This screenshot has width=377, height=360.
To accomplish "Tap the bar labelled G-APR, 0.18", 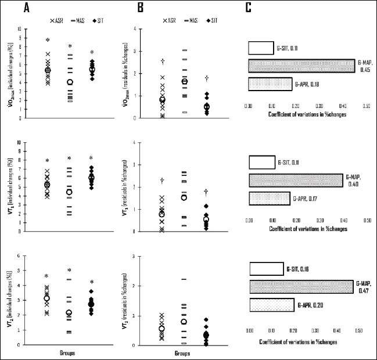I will pos(270,84).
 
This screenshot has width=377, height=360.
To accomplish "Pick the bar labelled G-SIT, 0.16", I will pos(267,269).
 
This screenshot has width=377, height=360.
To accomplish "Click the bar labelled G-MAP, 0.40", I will pos(296,180).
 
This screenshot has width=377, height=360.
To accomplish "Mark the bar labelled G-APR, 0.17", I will pos(269,199).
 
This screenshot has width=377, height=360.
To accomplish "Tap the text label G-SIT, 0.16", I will pos(300,269).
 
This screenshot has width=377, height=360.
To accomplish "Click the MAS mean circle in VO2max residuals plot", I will pos(184,81).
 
